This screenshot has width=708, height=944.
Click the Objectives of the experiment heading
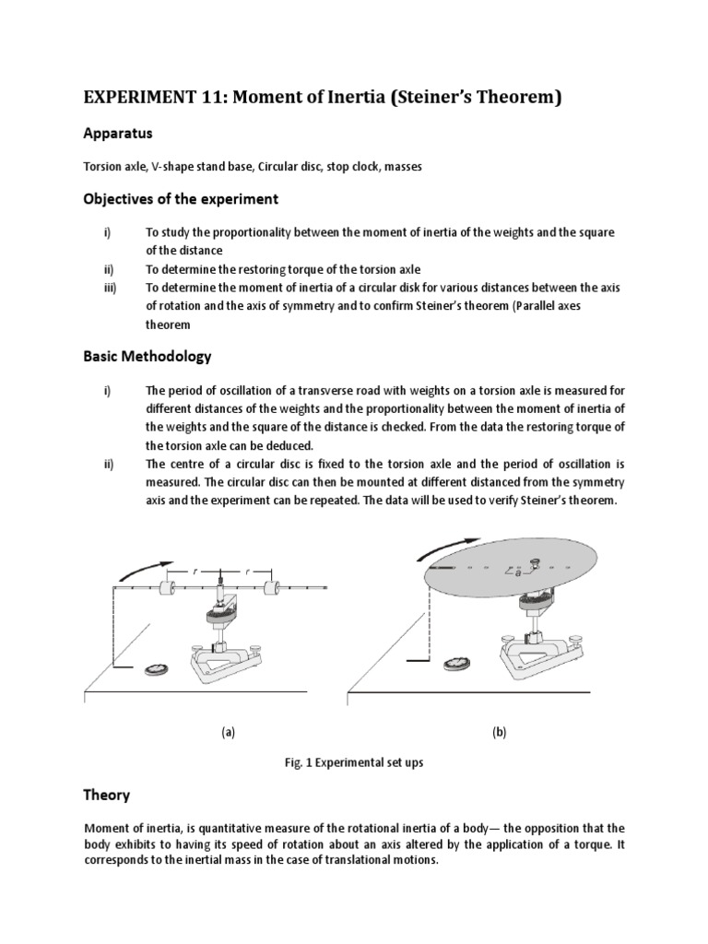coord(181,199)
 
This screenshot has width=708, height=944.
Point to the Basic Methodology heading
coord(147,355)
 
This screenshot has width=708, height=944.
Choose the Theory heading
coord(107,795)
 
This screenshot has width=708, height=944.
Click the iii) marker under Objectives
coord(109,289)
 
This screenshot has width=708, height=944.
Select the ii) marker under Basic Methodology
coord(108,464)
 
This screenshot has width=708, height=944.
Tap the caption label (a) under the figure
coord(228,732)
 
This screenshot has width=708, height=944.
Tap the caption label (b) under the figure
coord(499,732)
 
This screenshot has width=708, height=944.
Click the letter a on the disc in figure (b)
coord(518,573)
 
